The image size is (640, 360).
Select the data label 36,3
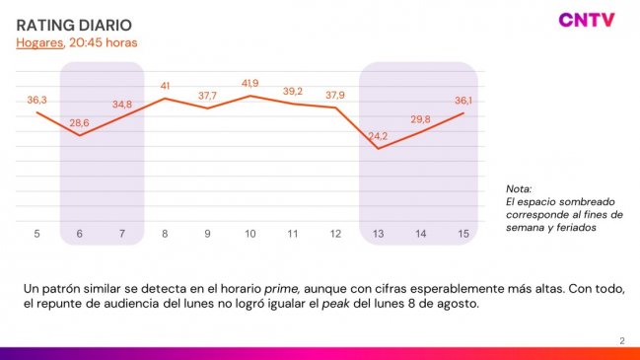point(37,100)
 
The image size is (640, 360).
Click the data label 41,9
point(251,83)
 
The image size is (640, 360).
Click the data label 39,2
point(293,91)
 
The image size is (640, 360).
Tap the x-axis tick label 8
point(165,234)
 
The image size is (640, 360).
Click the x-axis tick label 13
point(378,234)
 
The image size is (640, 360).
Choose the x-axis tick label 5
point(36,234)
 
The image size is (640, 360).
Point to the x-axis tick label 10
point(250,234)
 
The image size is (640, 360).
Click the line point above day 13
point(378,148)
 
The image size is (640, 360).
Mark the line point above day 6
point(80,134)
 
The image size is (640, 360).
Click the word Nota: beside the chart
point(519,188)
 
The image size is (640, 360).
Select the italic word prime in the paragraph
point(280,287)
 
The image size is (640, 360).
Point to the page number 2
point(621,341)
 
